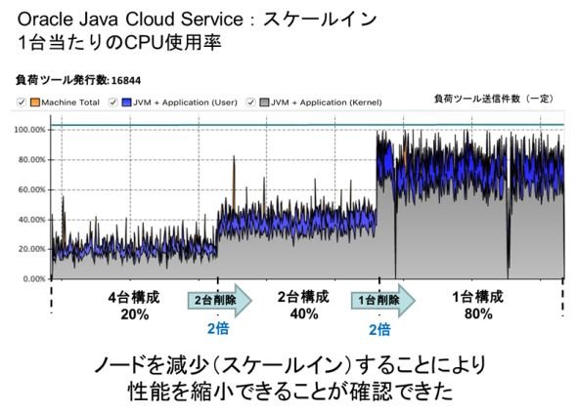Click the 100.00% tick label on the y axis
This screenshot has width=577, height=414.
29,130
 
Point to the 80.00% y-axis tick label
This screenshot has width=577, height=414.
31,160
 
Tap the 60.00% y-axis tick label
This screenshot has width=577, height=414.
31,190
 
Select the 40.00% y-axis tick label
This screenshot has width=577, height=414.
31,220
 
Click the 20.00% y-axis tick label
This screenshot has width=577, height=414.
31,249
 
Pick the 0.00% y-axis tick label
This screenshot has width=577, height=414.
34,279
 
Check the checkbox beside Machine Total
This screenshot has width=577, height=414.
22,103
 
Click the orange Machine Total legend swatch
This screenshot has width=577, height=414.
34,103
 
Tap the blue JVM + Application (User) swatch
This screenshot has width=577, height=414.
126,103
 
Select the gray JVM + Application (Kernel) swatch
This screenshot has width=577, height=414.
264,103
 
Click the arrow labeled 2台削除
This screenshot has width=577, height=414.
220,300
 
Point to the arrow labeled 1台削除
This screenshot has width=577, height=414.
383,300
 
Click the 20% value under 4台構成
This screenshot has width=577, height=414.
135,314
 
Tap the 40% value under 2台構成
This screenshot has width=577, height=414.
304,314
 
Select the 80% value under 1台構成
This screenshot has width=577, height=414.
478,314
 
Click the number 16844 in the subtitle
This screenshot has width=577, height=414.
126,80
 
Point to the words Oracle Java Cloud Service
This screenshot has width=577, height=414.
130,20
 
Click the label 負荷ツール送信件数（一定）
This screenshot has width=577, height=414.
494,99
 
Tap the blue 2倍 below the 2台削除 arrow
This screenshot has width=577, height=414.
218,328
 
